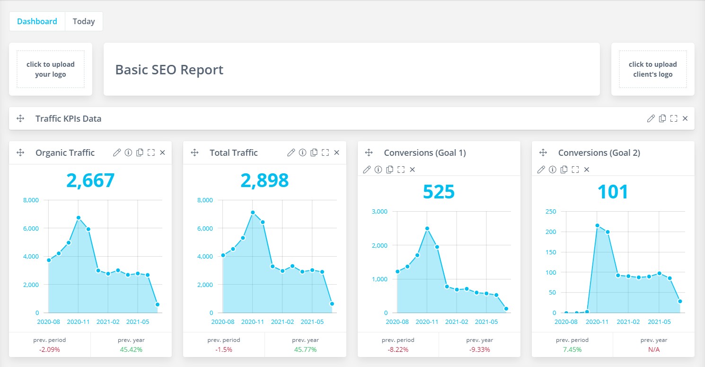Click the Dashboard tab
37,21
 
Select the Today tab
84,21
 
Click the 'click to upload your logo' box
51,69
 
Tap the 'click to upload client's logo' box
652,69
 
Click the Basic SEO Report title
169,70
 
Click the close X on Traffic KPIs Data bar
685,118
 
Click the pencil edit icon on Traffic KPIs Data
651,118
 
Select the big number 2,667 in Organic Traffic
90,180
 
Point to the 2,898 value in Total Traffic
264,180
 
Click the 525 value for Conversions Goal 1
439,192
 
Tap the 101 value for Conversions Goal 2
613,192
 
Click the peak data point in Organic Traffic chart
79,218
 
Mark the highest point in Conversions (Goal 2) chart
597,225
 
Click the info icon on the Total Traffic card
302,152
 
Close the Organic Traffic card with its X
162,152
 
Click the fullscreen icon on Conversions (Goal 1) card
401,170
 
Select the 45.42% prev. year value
131,349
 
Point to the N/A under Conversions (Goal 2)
654,349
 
